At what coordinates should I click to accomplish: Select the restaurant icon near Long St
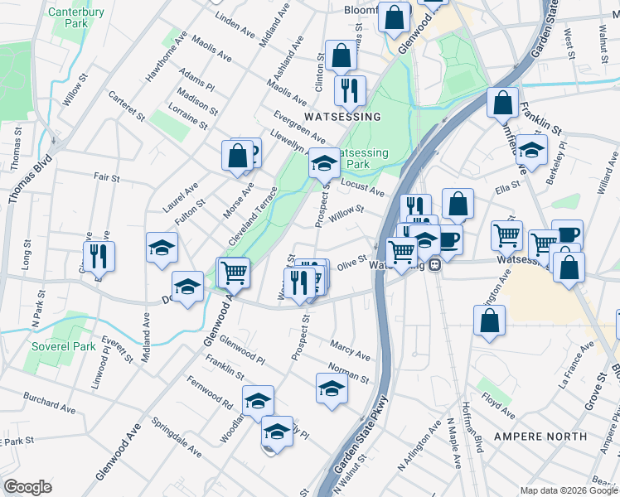97,256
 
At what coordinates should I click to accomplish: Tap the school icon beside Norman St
332,388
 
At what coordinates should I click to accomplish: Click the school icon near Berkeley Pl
531,149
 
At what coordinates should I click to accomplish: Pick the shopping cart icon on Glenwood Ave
235,271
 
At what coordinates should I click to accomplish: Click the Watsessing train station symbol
434,265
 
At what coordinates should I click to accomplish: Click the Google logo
27,487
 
